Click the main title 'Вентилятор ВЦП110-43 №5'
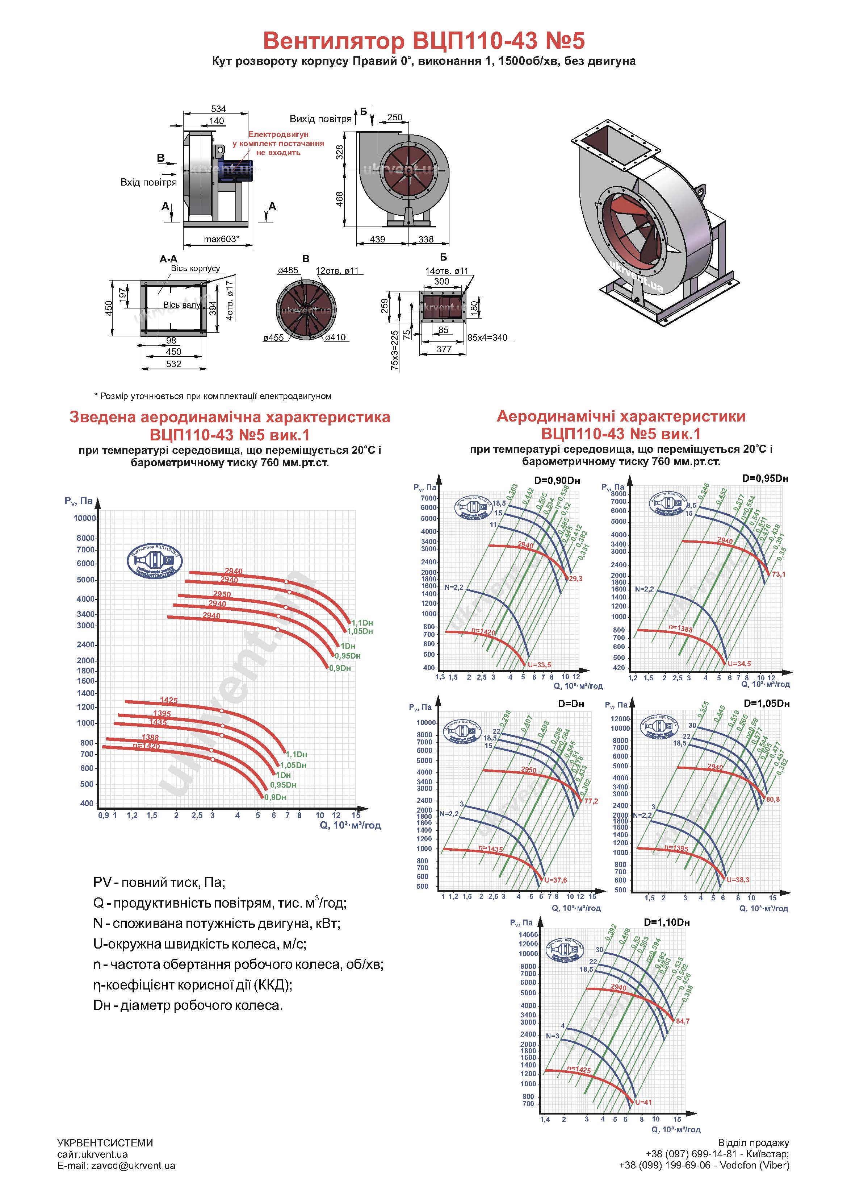tap(423, 41)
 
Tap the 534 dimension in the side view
tap(218, 109)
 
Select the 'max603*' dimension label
tap(221, 239)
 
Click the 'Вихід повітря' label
tap(320, 119)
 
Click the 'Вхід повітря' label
tap(148, 182)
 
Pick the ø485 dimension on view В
tap(288, 270)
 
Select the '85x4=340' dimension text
tap(487, 338)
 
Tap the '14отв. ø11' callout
tap(447, 271)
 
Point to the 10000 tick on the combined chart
tap(84, 518)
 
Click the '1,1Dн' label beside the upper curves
tap(362, 622)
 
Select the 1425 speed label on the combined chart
tap(168, 700)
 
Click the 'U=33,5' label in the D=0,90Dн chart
tap(539, 665)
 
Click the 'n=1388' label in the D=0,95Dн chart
tap(680, 629)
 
